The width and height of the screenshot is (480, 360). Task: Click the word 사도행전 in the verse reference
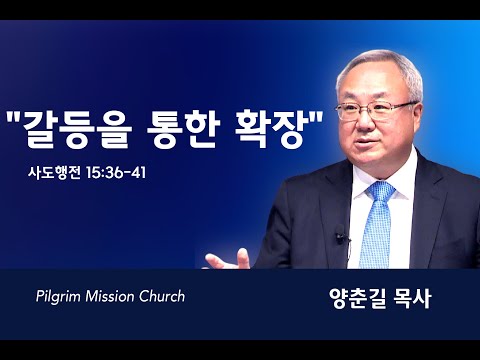[x=54, y=173]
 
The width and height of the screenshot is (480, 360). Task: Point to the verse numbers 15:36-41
[x=116, y=173]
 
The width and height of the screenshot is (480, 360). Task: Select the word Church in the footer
[x=162, y=296]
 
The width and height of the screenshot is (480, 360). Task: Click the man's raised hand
[x=228, y=260]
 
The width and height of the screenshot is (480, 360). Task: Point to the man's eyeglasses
[x=374, y=111]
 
